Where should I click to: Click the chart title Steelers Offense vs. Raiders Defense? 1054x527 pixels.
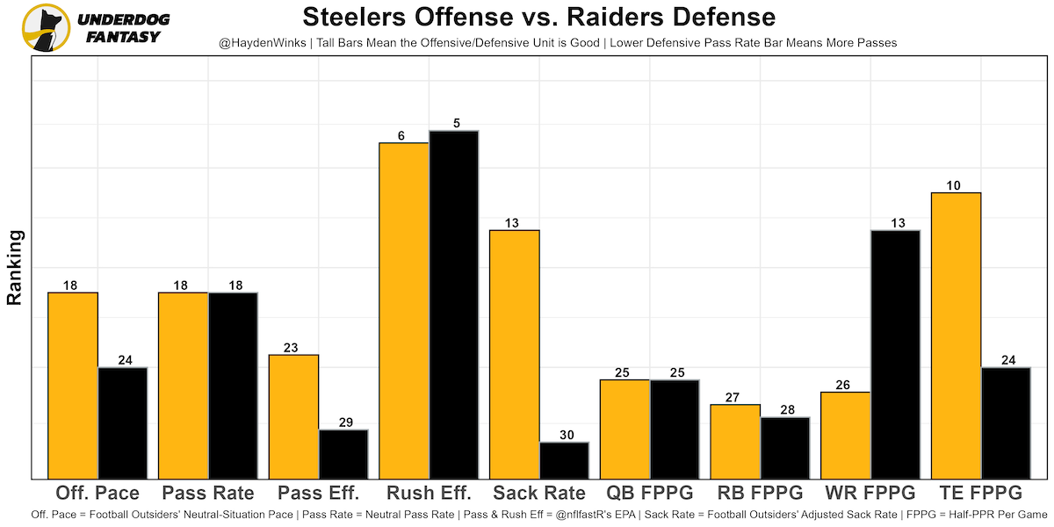point(538,18)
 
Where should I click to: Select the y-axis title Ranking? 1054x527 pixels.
point(15,267)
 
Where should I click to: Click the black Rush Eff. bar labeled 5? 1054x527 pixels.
point(454,304)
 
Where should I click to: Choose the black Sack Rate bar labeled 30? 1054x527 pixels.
point(564,460)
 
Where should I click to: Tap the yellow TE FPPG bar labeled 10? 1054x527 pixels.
point(956,335)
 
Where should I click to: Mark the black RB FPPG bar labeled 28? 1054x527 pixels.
point(785,448)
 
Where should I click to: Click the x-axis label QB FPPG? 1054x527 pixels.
point(649,493)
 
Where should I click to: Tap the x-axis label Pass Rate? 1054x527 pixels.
point(207,493)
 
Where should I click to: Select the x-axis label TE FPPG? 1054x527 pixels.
point(980,493)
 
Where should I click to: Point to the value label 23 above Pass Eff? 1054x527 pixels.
point(291,348)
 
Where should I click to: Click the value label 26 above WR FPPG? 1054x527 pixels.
point(844,385)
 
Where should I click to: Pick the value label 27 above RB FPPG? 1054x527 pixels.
point(734,398)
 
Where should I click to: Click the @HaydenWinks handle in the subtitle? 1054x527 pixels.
point(262,42)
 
